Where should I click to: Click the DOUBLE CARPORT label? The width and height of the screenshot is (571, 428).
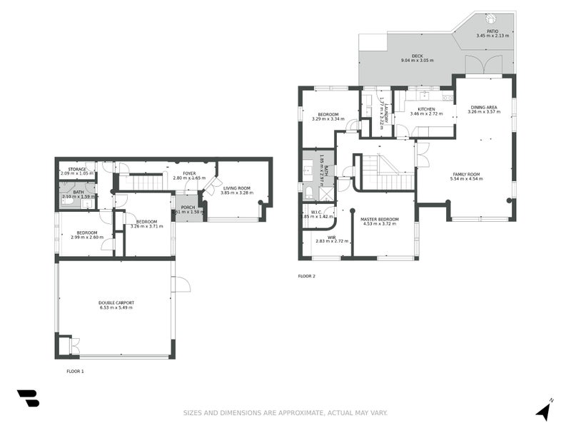point(116,302)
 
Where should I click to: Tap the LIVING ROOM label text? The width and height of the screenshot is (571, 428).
point(235,188)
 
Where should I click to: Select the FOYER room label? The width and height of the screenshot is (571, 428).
point(189,173)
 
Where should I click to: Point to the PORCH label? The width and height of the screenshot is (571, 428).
point(188,207)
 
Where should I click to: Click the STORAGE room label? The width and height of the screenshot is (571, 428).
point(77,169)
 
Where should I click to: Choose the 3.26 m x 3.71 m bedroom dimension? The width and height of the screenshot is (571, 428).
point(147,226)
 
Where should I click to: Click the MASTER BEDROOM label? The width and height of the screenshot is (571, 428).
point(379,219)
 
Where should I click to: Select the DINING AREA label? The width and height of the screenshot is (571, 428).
point(483,107)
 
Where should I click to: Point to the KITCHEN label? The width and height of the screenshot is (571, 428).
point(417,109)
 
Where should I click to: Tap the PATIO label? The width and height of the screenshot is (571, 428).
point(492,31)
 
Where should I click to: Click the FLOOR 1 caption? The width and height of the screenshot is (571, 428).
point(75,371)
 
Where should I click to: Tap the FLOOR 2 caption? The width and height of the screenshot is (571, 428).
point(306,275)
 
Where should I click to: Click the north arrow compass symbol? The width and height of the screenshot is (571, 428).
point(544,411)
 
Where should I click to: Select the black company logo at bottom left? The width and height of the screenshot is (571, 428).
point(28,398)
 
